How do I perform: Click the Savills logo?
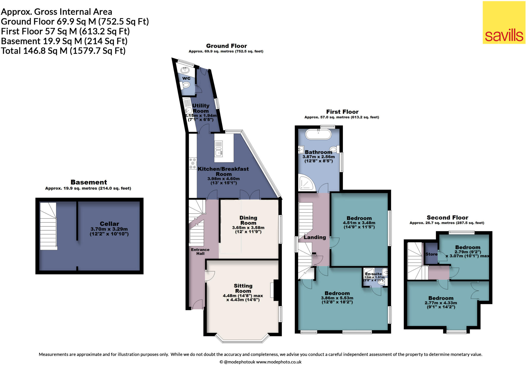tap(504, 23)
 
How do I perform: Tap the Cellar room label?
tap(109, 224)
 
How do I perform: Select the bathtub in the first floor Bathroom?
tap(318, 134)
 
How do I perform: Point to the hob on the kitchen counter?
tap(193, 164)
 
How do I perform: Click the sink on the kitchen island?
tap(219, 153)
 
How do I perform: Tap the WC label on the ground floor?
tap(186, 78)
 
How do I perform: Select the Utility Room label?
tap(201, 108)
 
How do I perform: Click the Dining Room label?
tap(248, 220)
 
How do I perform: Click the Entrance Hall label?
tap(200, 252)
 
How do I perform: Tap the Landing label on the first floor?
tap(315, 237)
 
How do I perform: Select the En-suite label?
tap(373, 274)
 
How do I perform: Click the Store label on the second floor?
tap(431, 254)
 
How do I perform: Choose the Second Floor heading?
tap(447, 218)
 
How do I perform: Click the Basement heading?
tap(89, 182)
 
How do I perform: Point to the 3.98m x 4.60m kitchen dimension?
tap(223, 179)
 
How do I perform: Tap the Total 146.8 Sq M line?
tap(63, 51)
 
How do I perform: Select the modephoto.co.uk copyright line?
tap(260, 362)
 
